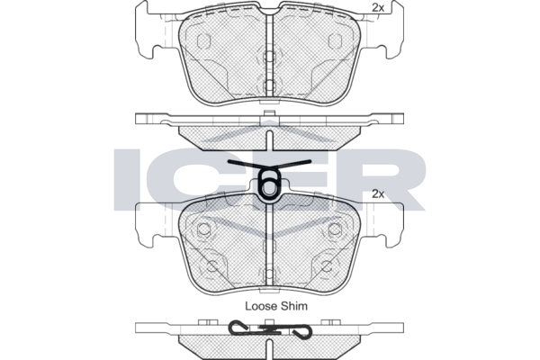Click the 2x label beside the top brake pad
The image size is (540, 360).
[x=378, y=8]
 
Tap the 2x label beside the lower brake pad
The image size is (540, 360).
[x=378, y=194]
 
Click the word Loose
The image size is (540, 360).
[x=261, y=306]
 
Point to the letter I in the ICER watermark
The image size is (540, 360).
[x=127, y=179]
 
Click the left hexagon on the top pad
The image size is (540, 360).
[x=203, y=41]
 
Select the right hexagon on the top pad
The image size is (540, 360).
[x=335, y=41]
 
